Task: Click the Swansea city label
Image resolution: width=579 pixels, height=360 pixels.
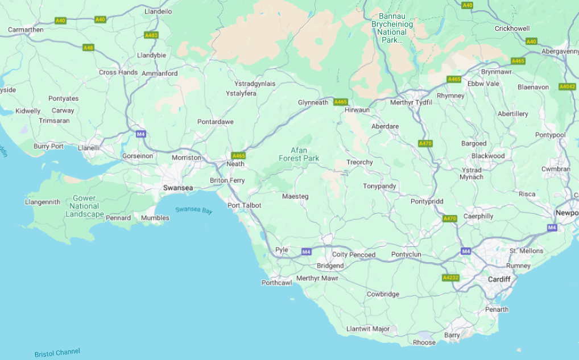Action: tap(178, 188)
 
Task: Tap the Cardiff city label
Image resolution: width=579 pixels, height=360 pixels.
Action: tap(499, 279)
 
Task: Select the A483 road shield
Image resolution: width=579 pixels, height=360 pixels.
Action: tap(151, 35)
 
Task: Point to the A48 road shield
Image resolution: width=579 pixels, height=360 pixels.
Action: tap(88, 48)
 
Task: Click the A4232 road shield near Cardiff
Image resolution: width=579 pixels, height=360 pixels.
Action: tap(450, 278)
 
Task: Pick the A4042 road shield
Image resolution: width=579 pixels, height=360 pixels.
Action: tap(567, 86)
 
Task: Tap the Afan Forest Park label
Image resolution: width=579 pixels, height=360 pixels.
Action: tap(299, 154)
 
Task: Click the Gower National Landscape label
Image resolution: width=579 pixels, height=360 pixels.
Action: tap(84, 206)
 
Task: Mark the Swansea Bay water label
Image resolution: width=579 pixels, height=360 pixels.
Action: tap(193, 210)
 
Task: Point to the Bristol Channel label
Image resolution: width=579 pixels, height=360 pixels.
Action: tap(57, 353)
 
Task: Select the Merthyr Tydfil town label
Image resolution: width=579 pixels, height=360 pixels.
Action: tap(411, 102)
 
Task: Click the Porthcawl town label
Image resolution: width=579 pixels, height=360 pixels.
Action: tap(276, 283)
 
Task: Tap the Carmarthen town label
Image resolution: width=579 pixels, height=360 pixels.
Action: tap(26, 30)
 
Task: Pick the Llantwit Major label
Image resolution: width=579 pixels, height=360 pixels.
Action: tap(368, 329)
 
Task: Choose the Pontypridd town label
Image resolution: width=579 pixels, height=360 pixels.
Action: tap(427, 201)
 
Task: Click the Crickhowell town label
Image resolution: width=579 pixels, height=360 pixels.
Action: tap(512, 28)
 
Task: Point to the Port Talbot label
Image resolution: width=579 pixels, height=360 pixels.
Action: tap(244, 205)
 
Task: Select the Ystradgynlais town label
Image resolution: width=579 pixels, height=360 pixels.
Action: tap(255, 84)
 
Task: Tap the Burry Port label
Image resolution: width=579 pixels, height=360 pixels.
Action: tap(49, 146)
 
